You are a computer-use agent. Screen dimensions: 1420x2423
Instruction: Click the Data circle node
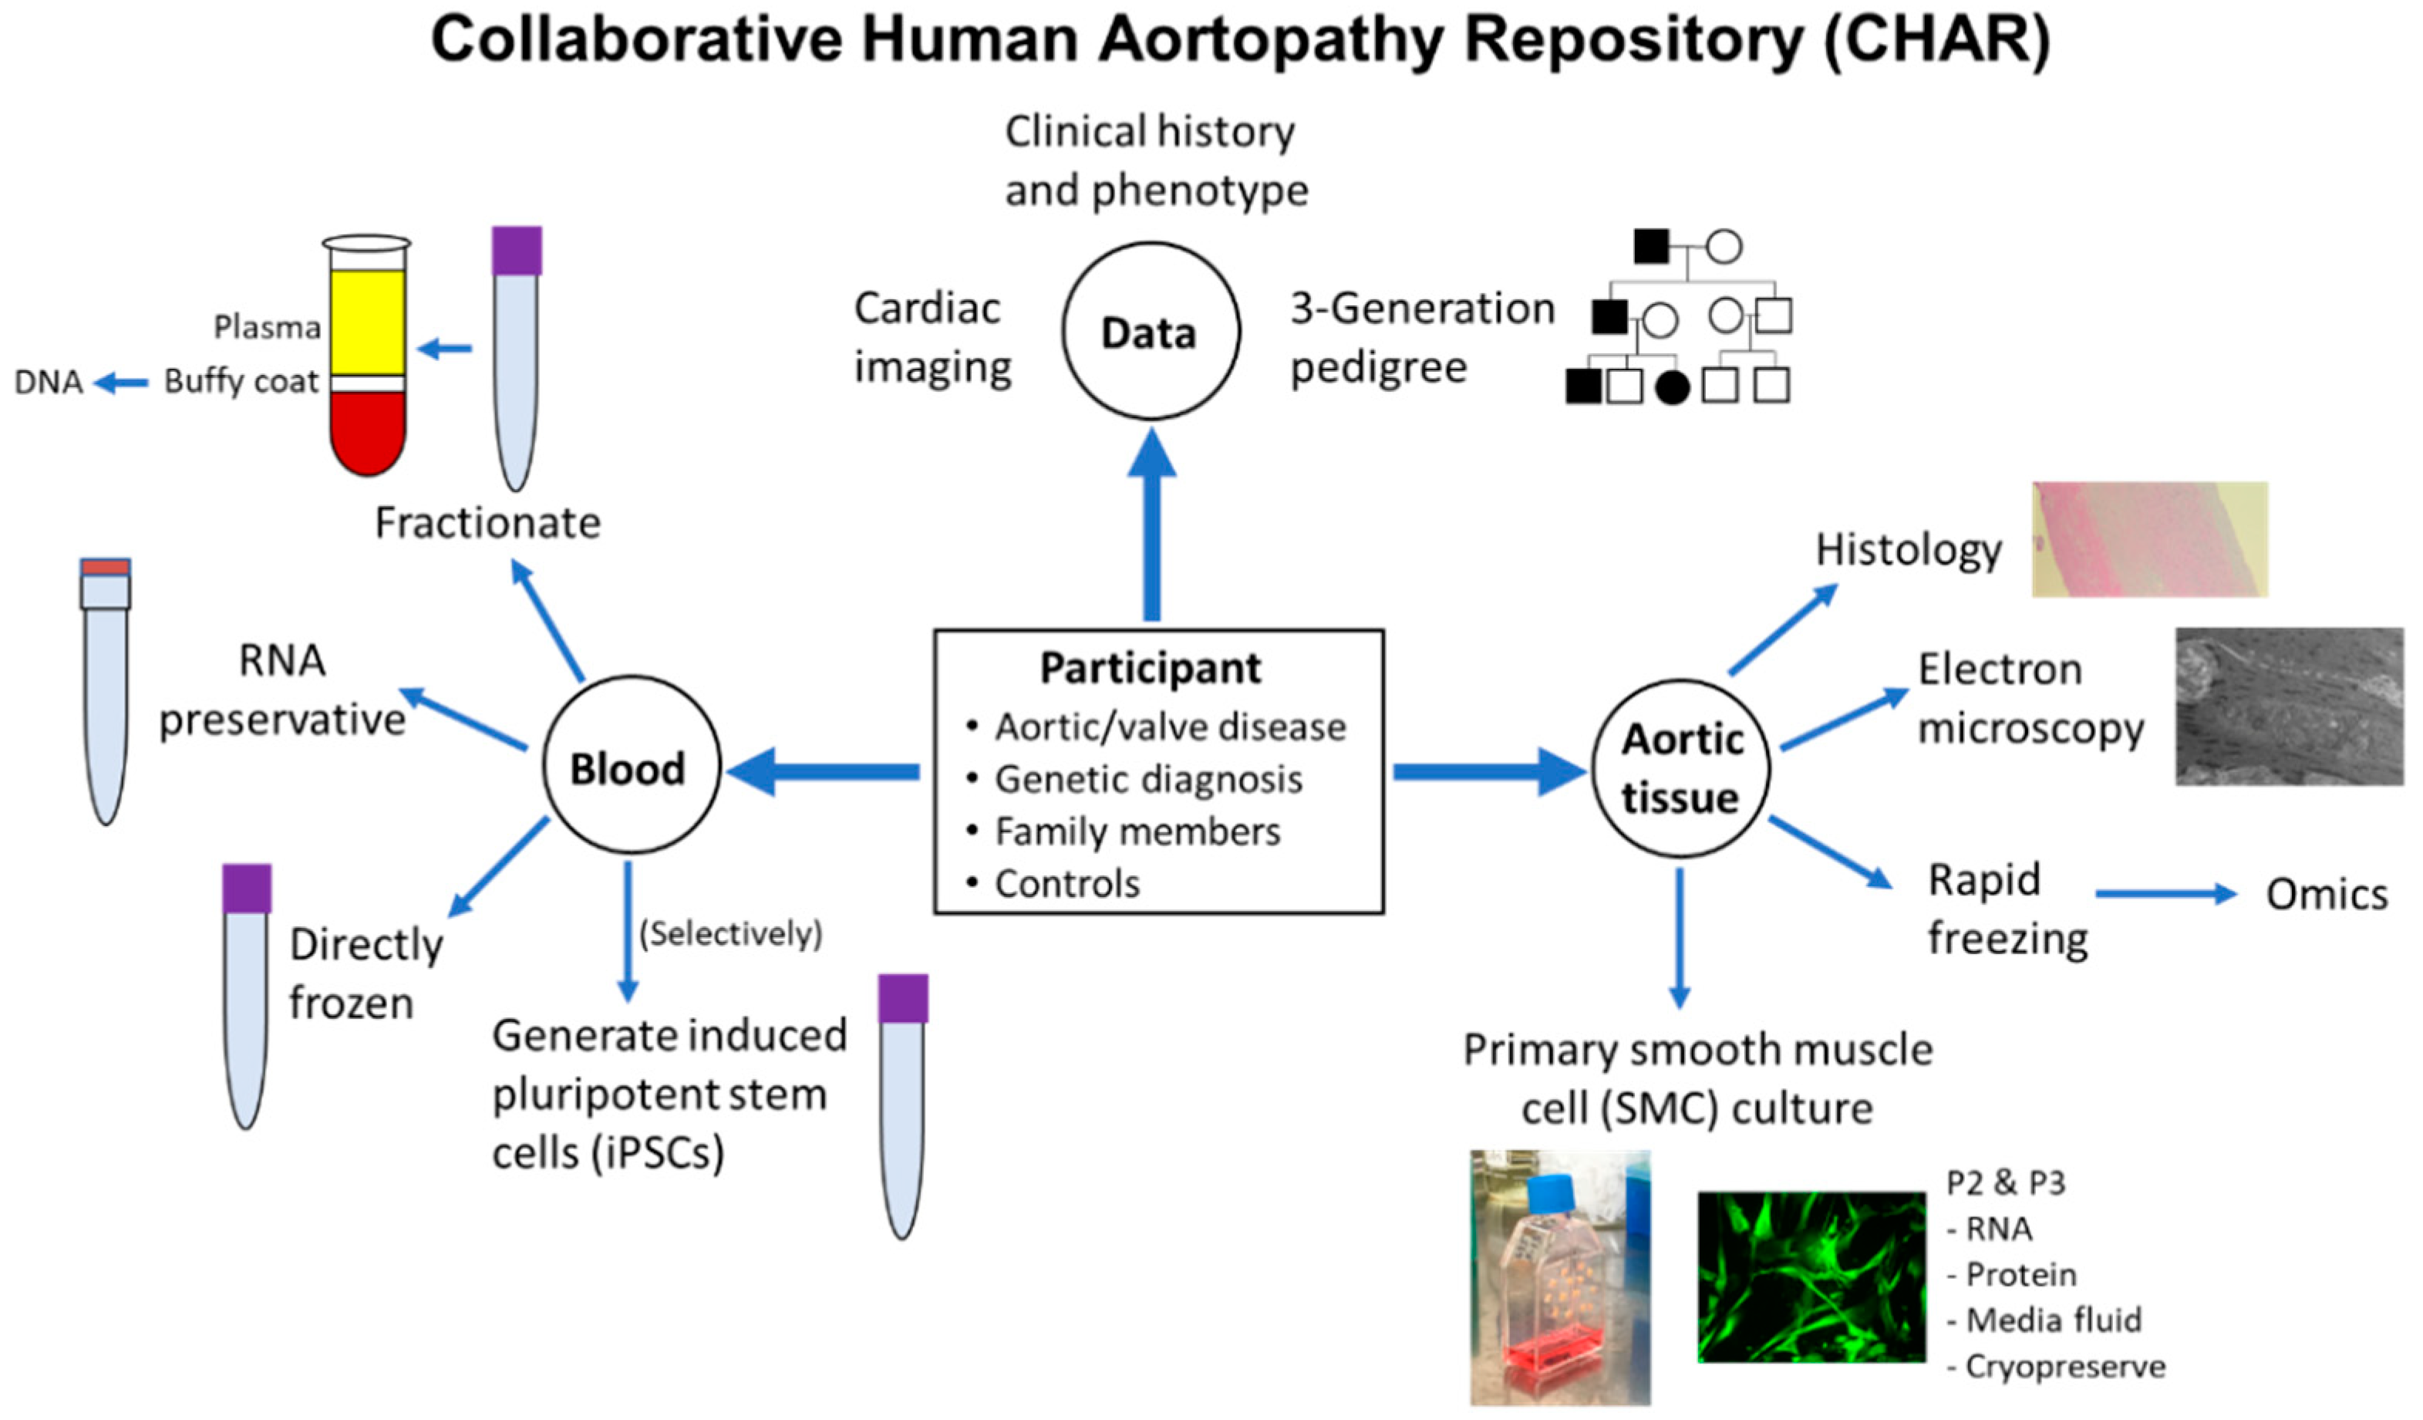1150,332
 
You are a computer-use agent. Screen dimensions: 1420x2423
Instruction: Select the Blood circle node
630,766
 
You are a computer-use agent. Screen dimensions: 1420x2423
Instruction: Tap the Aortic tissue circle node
1680,768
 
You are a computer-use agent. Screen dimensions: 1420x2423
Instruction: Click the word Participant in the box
1149,668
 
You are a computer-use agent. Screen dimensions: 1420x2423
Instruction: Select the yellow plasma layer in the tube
367,322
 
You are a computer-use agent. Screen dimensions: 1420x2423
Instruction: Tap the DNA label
48,383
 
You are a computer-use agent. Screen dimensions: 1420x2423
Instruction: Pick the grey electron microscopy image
2287,707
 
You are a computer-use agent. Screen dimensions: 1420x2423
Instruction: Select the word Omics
2326,895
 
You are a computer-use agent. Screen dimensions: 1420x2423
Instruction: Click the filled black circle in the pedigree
1672,387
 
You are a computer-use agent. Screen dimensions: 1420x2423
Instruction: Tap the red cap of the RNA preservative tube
105,567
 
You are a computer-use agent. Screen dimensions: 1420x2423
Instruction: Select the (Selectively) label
731,933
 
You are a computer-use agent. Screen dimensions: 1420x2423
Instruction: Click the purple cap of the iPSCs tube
902,998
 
